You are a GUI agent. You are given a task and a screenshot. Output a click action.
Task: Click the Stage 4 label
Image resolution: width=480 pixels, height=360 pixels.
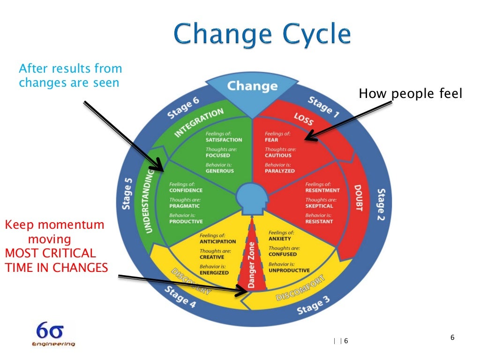pos(180,297)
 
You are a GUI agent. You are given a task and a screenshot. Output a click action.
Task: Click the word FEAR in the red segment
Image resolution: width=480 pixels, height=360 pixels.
pos(271,140)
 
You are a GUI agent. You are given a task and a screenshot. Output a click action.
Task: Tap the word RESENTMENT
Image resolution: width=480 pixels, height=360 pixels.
pos(322,190)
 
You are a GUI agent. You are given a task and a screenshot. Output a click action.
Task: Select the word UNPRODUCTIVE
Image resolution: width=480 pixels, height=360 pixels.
pos(289,270)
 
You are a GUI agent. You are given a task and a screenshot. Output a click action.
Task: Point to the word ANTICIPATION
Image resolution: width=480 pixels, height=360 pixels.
pos(218,241)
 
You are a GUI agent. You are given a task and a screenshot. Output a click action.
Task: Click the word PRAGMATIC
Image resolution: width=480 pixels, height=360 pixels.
pos(185,206)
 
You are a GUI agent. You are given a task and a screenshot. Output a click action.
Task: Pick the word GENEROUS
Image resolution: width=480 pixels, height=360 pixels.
pos(220,171)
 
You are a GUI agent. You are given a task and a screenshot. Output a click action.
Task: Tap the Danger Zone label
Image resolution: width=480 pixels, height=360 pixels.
pos(252,265)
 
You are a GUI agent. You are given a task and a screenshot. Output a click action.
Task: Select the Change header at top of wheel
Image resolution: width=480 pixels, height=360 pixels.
pos(252,87)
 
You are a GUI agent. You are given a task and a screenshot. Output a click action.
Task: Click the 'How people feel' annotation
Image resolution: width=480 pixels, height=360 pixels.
pos(411,94)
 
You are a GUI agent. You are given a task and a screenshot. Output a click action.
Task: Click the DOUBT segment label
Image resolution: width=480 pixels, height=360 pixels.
pos(359,197)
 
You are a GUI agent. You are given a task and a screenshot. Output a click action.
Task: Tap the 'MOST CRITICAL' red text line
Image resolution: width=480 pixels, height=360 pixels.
pos(50,254)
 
